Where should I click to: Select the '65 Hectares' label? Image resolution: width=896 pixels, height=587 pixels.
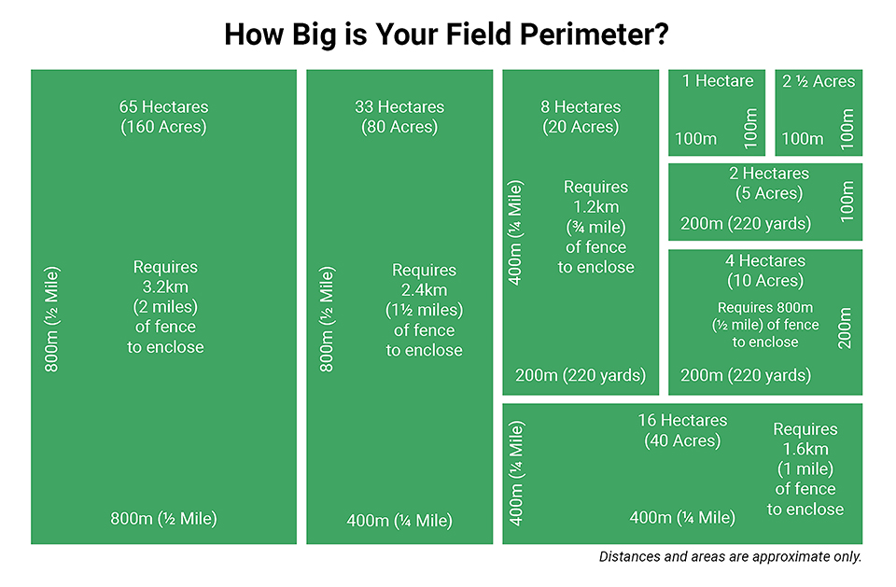point(164,106)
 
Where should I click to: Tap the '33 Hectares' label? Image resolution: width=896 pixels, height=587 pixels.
point(399,106)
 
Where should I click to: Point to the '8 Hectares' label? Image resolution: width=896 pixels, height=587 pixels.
point(581,106)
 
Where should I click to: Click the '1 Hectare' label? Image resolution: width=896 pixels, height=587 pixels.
point(717,81)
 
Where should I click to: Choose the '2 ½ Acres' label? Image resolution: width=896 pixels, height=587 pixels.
point(819,81)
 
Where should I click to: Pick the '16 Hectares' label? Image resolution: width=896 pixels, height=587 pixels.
point(682,420)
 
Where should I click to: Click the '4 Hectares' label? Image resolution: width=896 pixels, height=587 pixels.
point(764,260)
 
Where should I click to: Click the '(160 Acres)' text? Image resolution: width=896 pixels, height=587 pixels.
point(164,127)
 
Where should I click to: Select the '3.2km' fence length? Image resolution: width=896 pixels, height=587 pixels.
point(165,287)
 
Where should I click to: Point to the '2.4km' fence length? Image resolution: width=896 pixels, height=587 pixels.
point(425,289)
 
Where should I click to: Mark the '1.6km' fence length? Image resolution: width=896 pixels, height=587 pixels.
point(805,449)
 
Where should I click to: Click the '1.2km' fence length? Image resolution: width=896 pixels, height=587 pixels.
point(596,207)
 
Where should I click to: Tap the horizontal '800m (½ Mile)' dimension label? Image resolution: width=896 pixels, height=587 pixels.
point(164,519)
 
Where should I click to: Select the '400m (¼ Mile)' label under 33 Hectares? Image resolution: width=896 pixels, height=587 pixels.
point(399,520)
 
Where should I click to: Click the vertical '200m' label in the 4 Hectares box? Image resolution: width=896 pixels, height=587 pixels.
point(845,328)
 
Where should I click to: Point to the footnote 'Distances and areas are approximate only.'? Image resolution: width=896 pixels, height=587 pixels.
point(730,557)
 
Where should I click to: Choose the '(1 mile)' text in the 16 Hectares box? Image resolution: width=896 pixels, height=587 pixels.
point(805,468)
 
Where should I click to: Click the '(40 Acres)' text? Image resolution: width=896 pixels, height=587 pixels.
point(682,440)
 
